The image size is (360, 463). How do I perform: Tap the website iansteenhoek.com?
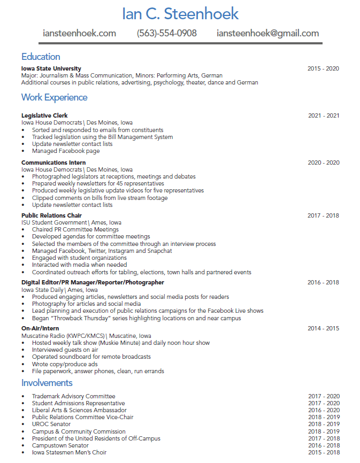tap(79, 33)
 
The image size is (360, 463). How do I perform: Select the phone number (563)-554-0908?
tap(167, 33)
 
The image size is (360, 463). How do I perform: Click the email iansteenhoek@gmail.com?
tap(267, 33)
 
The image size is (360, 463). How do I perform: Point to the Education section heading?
tap(41, 57)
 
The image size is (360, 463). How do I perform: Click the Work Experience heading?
tap(54, 97)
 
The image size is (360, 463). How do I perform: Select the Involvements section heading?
tap(47, 383)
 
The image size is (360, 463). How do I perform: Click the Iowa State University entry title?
tap(51, 68)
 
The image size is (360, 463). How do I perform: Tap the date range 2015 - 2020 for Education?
tap(323, 68)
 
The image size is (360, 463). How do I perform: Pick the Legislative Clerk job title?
tap(44, 115)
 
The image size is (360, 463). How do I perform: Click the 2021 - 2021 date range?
tap(324, 115)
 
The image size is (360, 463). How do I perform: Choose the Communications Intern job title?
tap(53, 163)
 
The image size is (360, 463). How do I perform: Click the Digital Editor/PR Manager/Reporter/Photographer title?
tap(93, 282)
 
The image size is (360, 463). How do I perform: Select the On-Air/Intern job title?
tap(40, 328)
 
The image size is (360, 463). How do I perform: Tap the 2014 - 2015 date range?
tap(323, 328)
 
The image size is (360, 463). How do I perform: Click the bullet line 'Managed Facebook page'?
tap(66, 151)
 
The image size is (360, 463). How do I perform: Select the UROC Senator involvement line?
tap(51, 424)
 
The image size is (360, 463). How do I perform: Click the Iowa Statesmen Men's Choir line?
tap(69, 452)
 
